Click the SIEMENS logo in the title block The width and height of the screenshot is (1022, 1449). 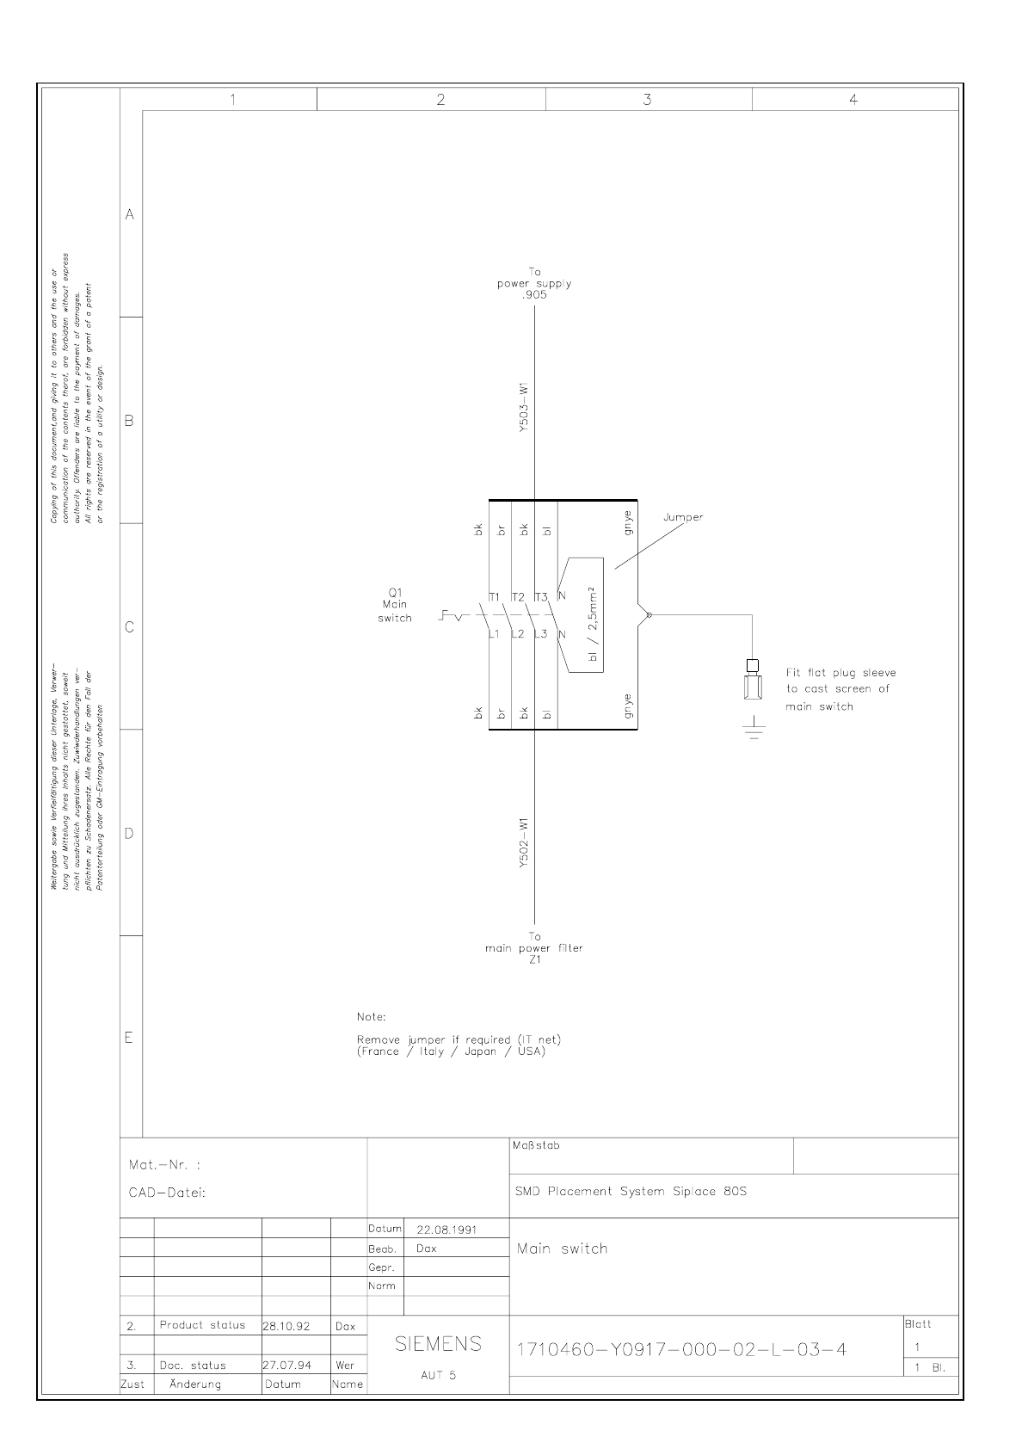(438, 1344)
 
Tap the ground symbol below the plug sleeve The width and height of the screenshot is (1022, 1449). (754, 730)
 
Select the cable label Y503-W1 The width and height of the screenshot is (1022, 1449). (524, 414)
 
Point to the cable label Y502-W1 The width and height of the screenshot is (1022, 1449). (524, 843)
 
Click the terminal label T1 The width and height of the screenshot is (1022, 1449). (495, 597)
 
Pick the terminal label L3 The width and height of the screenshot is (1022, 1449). (540, 635)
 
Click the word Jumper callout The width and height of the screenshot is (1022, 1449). (683, 517)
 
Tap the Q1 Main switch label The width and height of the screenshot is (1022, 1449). (395, 605)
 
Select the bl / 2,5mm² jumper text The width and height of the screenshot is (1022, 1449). (593, 625)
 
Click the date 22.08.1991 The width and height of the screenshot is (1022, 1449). (446, 1230)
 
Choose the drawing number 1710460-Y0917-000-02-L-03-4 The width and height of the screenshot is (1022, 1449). (680, 1349)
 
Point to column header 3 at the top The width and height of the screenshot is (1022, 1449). (648, 100)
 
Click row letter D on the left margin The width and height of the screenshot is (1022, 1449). (130, 833)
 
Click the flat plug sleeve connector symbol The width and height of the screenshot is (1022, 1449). (753, 683)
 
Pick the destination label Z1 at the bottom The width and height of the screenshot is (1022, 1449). (534, 959)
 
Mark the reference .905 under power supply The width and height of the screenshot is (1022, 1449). (534, 294)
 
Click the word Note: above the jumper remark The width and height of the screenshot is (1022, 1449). (372, 1017)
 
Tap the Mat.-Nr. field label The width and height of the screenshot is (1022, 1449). (164, 1165)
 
